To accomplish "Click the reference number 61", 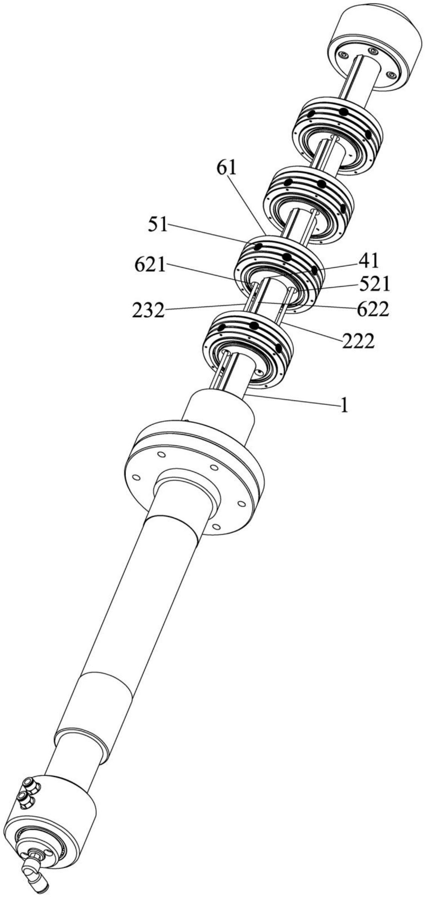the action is point(227,169).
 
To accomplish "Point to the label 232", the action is point(148,311).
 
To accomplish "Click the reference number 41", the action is point(369,261).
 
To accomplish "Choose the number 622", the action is point(373,310).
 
